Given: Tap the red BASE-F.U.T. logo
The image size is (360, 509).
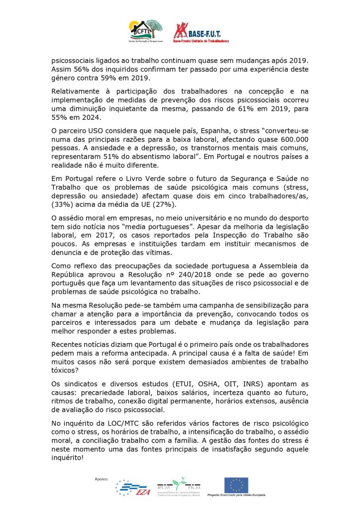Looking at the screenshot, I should pos(201,31).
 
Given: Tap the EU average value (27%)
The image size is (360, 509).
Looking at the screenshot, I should pos(168,204).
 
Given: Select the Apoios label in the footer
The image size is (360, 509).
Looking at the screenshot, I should pos(101,479).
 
